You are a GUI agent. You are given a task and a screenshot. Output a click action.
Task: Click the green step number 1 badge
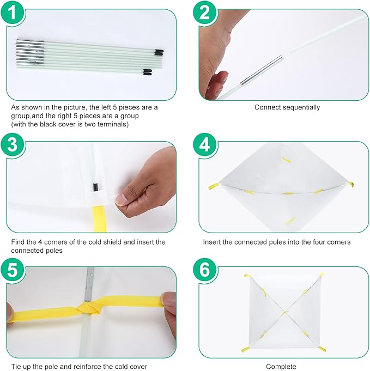point(13,12)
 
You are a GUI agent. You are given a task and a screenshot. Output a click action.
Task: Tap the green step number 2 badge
point(205,12)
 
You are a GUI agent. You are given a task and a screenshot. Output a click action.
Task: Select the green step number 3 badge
point(13,144)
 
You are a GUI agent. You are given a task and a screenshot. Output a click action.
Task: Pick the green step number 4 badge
point(205,144)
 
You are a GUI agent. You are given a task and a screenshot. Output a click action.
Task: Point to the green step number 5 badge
point(13,270)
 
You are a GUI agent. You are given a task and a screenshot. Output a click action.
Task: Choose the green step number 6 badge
point(205,270)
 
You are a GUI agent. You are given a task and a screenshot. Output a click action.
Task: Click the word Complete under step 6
point(281,367)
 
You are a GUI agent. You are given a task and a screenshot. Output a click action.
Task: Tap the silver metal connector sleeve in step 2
point(262,70)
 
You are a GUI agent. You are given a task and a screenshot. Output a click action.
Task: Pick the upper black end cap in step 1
point(159,52)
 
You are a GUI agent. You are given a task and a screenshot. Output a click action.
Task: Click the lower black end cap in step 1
point(147,72)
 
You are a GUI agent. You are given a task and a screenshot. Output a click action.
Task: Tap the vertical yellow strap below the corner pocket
point(100,218)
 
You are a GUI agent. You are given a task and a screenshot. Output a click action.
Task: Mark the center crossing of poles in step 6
point(285,312)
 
